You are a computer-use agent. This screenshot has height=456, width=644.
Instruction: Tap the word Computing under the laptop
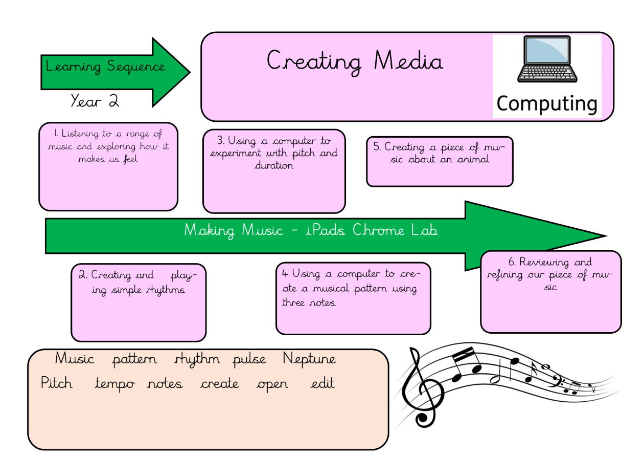546,103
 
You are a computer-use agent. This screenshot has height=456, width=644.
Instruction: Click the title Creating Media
355,61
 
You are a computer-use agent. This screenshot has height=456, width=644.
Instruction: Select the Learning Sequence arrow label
105,67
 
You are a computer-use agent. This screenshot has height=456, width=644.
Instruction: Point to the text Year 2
95,101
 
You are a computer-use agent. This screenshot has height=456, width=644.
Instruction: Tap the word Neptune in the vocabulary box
309,359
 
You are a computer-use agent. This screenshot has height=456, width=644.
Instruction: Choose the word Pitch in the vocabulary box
57,383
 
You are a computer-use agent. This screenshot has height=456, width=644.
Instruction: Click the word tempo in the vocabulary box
115,384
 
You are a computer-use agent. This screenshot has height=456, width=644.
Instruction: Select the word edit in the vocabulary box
323,383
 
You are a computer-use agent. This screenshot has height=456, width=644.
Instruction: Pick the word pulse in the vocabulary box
249,359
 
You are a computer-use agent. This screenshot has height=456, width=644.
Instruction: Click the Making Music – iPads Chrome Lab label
311,230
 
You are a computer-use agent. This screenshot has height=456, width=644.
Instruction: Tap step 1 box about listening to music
108,166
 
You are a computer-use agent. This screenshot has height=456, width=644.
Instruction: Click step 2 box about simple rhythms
139,302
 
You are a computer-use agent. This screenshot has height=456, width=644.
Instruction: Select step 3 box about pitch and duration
274,171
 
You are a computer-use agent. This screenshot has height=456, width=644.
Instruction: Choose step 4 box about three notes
353,298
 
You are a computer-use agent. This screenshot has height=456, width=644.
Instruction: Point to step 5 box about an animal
439,161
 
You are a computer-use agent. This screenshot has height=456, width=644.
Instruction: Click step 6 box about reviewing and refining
550,291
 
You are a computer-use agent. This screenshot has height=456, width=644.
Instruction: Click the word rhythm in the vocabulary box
197,359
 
